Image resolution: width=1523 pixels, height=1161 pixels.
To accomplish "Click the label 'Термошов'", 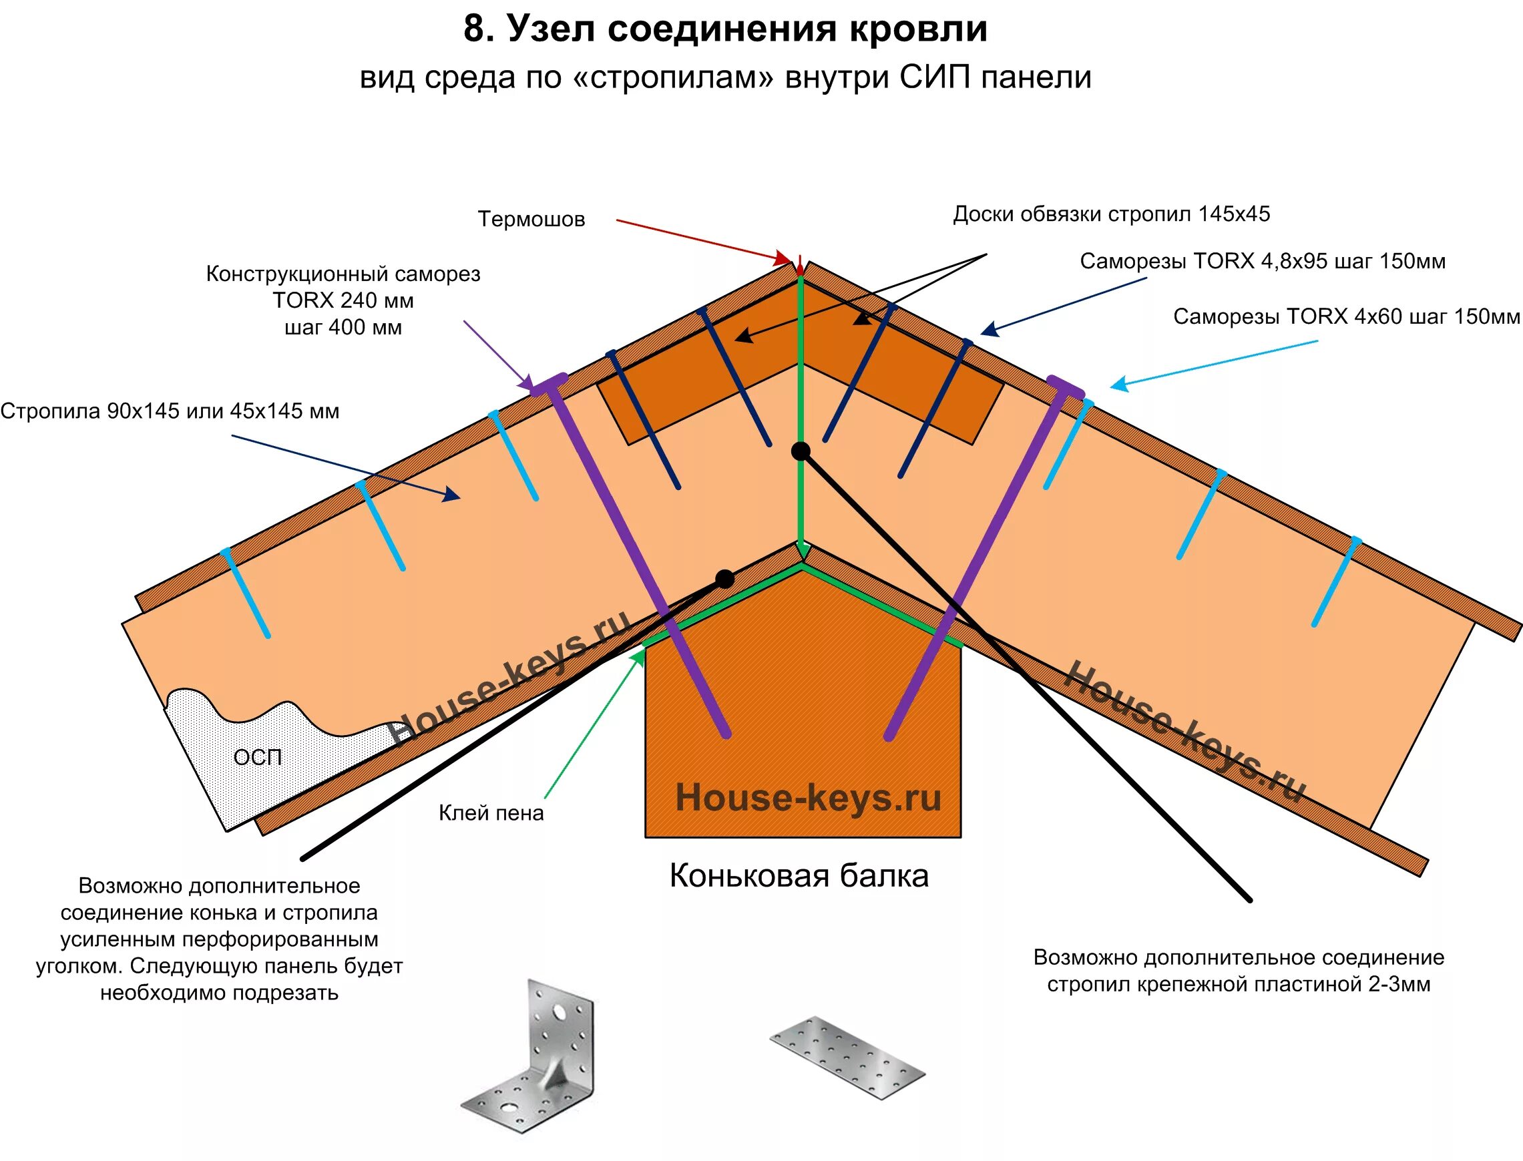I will click(531, 219).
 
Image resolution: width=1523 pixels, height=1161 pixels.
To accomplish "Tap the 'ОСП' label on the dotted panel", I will click(258, 757).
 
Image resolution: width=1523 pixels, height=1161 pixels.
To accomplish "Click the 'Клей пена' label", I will click(491, 812).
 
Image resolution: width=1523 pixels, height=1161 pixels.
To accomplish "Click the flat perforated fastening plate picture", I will click(847, 1057).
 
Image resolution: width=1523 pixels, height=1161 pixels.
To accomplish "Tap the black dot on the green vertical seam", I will click(800, 451).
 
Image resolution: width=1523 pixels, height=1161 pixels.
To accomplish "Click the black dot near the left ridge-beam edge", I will click(724, 579).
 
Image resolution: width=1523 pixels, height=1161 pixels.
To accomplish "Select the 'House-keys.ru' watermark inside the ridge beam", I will click(808, 798).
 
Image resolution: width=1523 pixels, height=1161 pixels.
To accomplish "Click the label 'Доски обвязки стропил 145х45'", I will click(1111, 214).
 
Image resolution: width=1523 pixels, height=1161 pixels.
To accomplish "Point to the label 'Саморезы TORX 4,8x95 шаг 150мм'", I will click(1263, 261).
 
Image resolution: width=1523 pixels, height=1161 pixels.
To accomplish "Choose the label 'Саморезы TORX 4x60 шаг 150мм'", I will click(1346, 316).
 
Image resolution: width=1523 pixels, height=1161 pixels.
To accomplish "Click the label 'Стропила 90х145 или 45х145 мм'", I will click(170, 411).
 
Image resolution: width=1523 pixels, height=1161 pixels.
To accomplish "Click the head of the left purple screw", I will click(549, 383).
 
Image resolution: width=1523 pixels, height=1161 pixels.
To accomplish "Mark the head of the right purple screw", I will click(1065, 386).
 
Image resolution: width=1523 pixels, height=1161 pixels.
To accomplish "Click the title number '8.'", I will click(478, 30).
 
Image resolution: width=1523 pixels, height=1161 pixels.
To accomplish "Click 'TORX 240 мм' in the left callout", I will click(343, 300).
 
